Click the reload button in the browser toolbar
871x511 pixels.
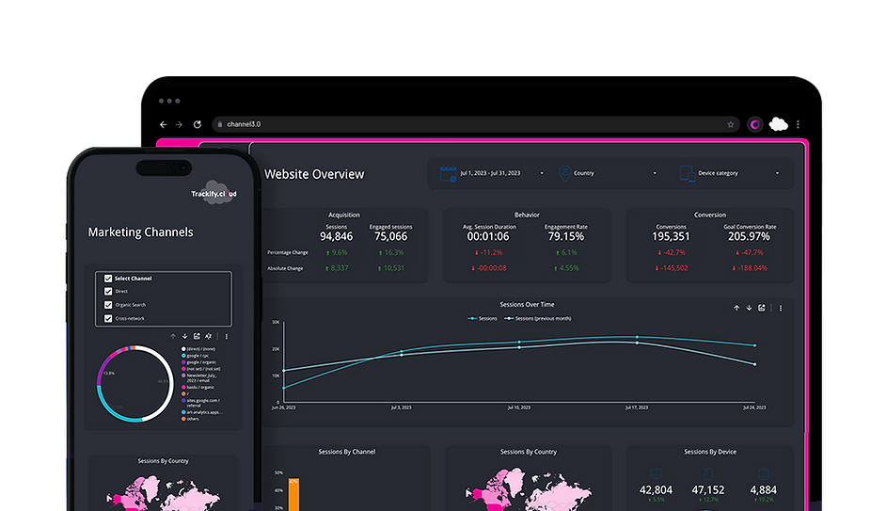(198, 124)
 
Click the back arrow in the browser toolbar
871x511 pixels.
(164, 124)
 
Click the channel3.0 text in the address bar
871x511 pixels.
(244, 124)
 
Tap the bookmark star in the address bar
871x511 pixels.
(731, 124)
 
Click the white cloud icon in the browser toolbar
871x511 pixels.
(778, 124)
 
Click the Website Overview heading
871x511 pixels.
(314, 174)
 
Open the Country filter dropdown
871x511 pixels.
(607, 173)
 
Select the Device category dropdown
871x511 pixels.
(729, 173)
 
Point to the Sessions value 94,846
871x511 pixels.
(336, 236)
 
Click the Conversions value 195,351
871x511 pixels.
(671, 236)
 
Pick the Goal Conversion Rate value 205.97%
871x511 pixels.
(750, 236)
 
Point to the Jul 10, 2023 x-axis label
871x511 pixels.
(519, 407)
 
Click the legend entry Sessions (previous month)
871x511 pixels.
(539, 318)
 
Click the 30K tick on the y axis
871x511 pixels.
(276, 322)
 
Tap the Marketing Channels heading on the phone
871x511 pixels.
(140, 232)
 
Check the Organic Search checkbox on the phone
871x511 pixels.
(109, 305)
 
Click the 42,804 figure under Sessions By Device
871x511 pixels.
(656, 490)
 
